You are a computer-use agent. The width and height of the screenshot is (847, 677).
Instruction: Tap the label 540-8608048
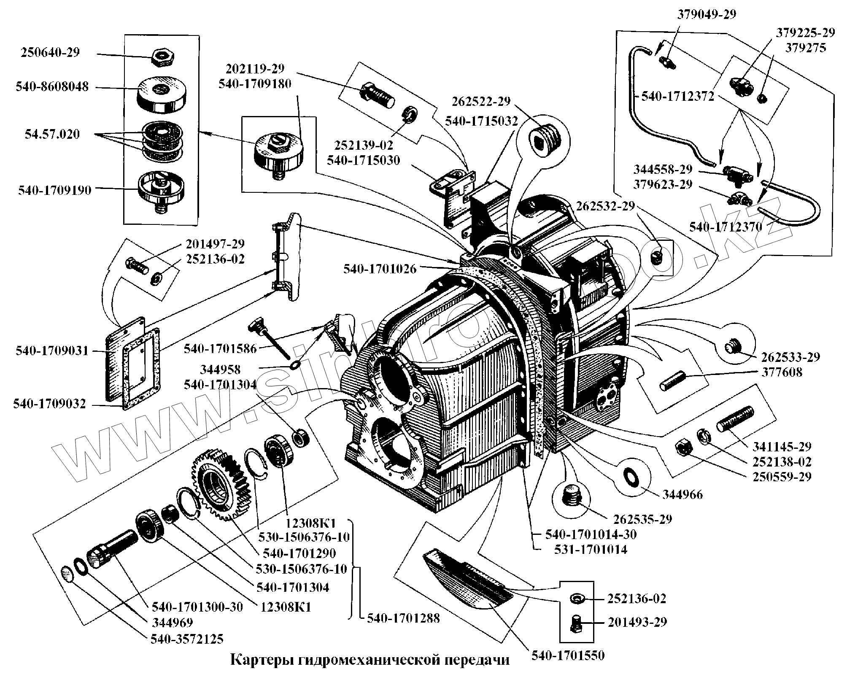pos(52,87)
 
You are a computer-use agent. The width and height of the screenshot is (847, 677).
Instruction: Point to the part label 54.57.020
pos(52,135)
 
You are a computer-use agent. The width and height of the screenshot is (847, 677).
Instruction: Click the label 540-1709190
pos(54,190)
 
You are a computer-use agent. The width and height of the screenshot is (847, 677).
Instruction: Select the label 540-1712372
pos(677,97)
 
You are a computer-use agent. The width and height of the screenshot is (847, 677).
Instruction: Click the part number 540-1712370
pos(726,227)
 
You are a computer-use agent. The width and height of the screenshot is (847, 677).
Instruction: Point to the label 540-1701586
pos(220,349)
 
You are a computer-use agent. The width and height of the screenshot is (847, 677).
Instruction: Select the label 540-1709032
pos(49,404)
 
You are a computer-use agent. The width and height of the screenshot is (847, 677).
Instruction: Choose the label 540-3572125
pos(187,639)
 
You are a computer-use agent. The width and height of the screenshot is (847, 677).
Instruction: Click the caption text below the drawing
pos(370,660)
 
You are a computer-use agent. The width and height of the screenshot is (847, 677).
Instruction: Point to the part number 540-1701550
pos(568,655)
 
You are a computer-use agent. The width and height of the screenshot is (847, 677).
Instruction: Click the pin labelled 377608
pos(673,381)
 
